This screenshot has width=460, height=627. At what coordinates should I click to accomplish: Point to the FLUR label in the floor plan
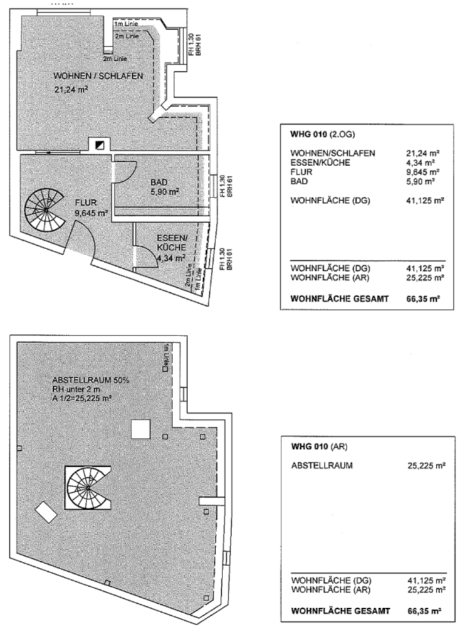[86, 203]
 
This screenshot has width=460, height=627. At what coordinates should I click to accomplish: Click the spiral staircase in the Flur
[45, 210]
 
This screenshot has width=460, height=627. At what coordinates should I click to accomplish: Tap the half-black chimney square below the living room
[98, 145]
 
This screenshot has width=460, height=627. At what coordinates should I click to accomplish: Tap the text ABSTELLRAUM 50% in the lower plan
[91, 381]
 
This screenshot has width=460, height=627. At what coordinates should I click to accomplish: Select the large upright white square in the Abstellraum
[141, 429]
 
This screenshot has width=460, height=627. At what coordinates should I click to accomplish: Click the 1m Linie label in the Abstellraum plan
[166, 356]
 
